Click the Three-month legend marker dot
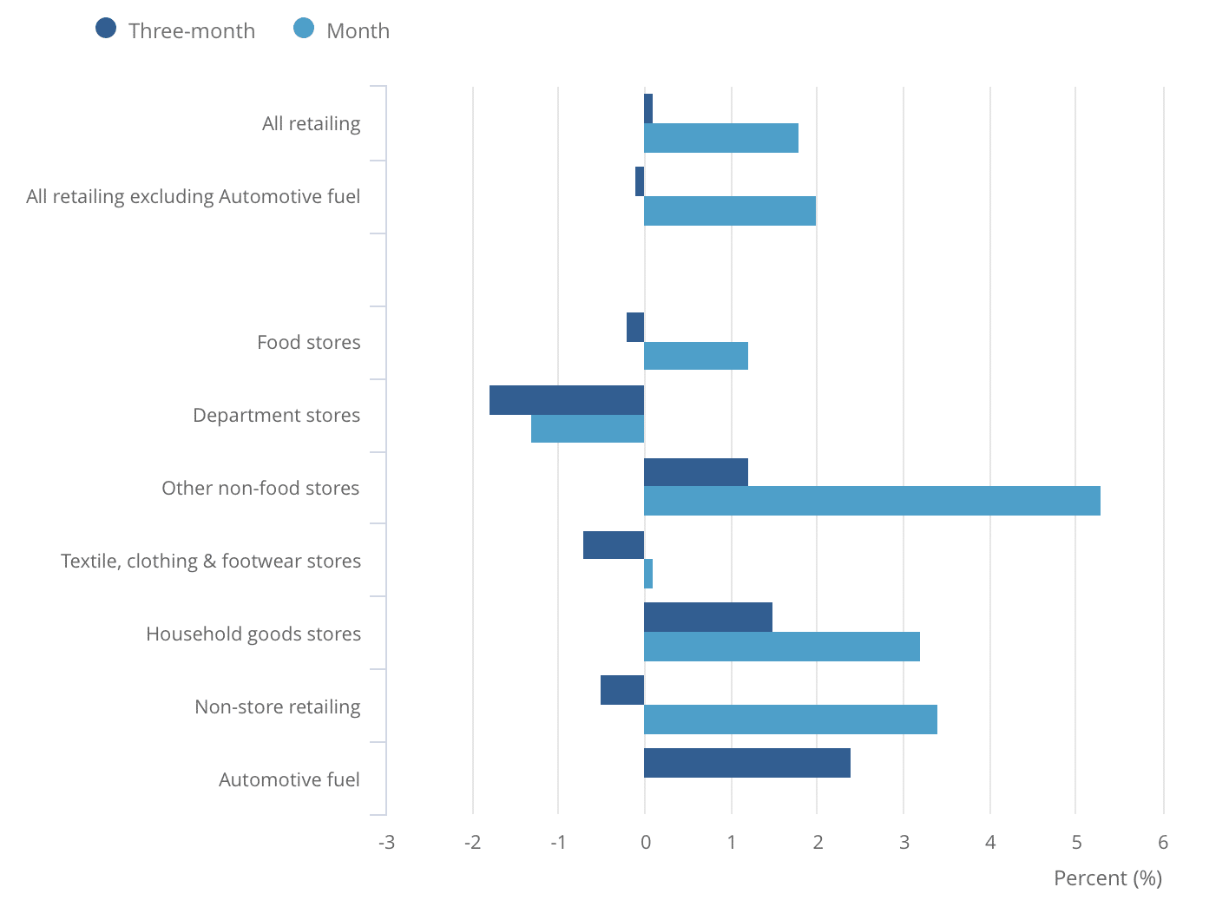point(106,29)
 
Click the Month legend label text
point(358,31)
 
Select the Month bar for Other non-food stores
point(871,502)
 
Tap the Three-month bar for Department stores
point(567,400)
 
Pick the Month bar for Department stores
point(588,429)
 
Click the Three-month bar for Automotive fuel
point(746,763)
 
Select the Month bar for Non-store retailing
point(790,720)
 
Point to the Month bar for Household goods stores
point(781,647)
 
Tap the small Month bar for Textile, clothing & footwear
point(648,574)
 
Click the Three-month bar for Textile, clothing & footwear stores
point(614,545)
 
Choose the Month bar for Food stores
point(695,356)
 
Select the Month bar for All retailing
point(720,138)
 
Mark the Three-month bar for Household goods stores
point(707,617)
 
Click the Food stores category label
point(308,343)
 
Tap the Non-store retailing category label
point(277,707)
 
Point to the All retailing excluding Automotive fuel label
point(193,197)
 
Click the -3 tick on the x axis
point(386,842)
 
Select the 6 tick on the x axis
point(1163,842)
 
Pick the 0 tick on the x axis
point(645,842)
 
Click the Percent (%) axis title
point(1107,878)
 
